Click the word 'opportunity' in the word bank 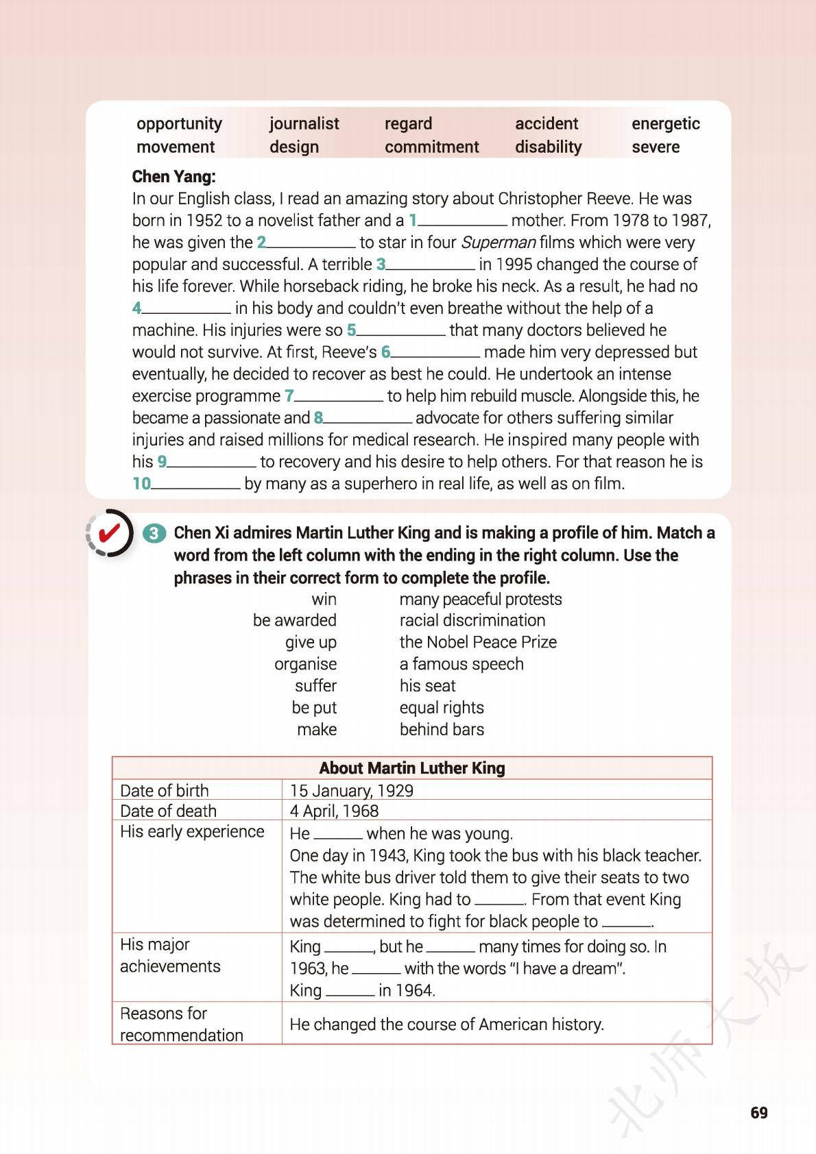179,123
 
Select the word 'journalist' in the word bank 304,123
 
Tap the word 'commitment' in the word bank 431,147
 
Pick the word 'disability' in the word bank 548,147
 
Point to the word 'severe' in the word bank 656,147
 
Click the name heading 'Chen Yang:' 173,176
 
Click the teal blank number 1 413,220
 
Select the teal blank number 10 141,483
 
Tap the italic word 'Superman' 498,242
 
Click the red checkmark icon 110,532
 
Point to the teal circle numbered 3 156,533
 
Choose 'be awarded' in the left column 294,620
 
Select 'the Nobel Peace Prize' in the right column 478,642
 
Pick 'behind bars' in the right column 442,729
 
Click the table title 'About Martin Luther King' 412,768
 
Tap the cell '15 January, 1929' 351,790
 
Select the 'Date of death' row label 168,811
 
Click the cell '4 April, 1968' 334,811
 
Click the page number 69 759,1112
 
